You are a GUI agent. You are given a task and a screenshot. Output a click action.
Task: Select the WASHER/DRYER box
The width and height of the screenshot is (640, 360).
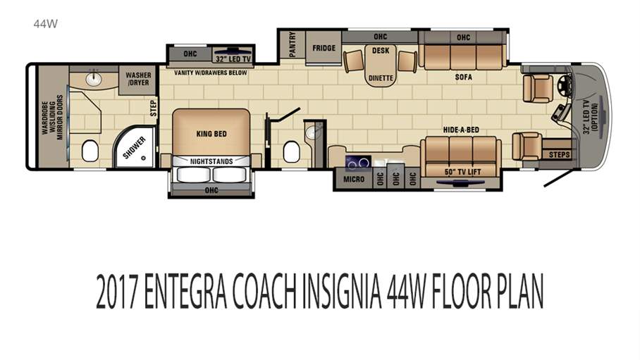click(x=137, y=78)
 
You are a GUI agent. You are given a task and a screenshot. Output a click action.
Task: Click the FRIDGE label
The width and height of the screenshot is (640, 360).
click(x=324, y=49)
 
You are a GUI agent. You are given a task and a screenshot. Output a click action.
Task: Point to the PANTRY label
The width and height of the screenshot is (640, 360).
click(x=293, y=46)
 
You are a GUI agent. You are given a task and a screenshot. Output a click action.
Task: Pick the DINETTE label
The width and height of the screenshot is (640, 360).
click(x=381, y=78)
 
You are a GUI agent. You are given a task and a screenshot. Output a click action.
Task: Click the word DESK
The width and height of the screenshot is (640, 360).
click(x=381, y=50)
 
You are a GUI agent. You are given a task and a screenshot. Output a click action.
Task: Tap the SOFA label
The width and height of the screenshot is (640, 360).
click(x=463, y=77)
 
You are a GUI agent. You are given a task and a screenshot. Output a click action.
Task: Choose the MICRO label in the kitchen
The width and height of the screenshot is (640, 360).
click(x=355, y=179)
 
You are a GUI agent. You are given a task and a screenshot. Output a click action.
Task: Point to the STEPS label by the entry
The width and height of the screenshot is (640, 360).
click(x=559, y=154)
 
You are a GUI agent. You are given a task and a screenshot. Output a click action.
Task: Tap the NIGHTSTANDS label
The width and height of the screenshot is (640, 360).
click(x=211, y=161)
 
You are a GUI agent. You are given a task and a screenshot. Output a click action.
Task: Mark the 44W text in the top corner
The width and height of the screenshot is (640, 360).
click(x=45, y=23)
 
